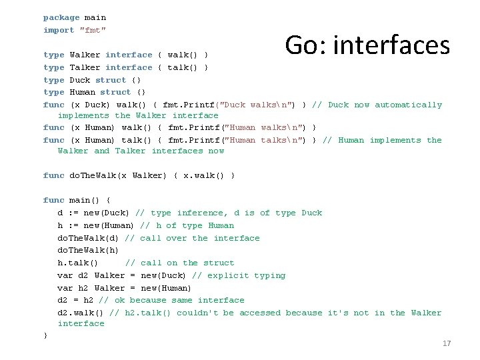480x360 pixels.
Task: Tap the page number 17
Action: click(447, 343)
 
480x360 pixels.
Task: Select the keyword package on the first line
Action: click(61, 17)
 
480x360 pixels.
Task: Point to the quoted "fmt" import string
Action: click(93, 30)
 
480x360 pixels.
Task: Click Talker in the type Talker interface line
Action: click(85, 67)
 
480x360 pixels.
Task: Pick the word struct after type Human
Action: click(115, 92)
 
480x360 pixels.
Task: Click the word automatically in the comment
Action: click(409, 105)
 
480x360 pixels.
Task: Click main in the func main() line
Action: click(80, 200)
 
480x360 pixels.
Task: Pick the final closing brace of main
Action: click(45, 335)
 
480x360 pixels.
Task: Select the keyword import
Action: click(59, 30)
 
